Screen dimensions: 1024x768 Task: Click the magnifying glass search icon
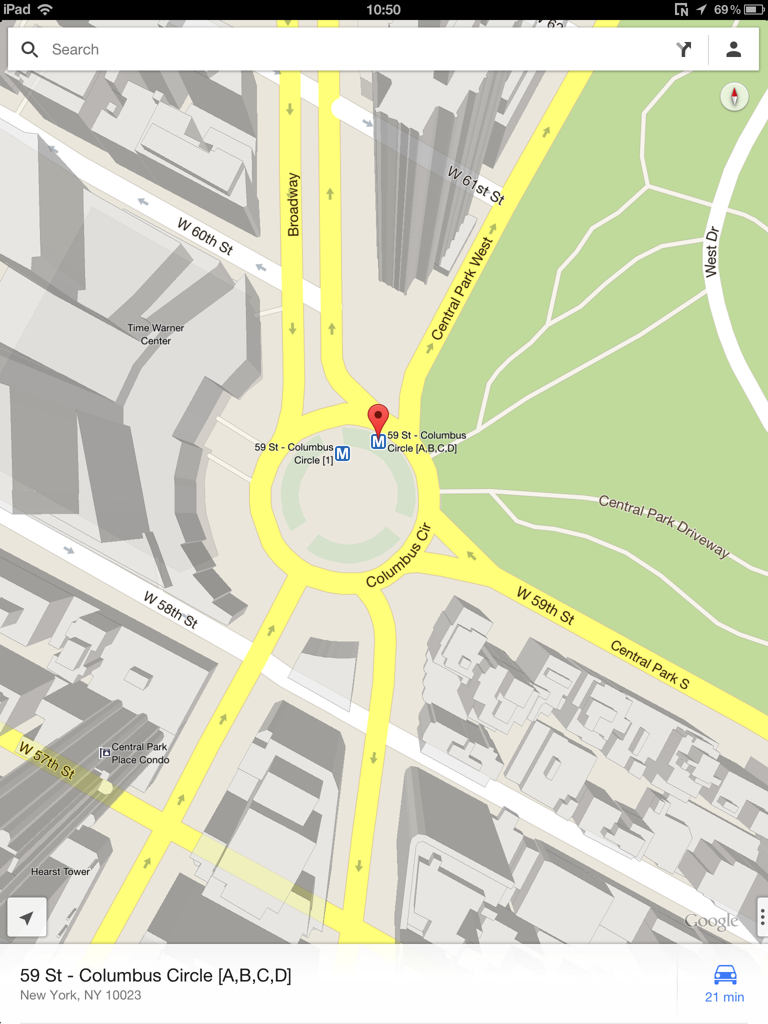29,49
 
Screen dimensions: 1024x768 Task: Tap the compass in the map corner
734,96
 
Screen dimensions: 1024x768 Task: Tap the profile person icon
733,49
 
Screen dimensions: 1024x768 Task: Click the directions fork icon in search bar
683,49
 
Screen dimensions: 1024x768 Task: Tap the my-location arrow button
27,917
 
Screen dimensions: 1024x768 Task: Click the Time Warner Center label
155,334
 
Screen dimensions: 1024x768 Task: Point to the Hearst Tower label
60,871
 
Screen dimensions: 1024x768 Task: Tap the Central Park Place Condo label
140,753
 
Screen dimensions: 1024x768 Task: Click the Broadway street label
293,204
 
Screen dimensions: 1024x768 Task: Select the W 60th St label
205,236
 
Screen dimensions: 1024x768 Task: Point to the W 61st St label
476,185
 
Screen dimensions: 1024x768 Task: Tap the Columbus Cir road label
398,555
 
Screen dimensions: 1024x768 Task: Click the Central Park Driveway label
664,525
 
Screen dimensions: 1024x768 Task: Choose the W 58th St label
171,609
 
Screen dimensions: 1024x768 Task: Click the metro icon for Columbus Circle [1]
342,453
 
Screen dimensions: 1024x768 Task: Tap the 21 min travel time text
724,997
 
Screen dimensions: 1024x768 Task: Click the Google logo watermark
711,920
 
